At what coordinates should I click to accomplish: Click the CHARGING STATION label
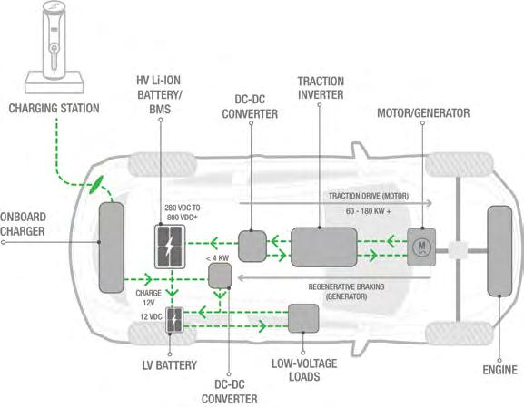pyautogui.click(x=54, y=109)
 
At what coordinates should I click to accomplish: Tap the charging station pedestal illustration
pyautogui.click(x=54, y=47)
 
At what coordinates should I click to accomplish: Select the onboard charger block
pyautogui.click(x=112, y=247)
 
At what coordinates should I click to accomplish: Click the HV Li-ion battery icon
pyautogui.click(x=170, y=247)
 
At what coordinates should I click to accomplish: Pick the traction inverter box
pyautogui.click(x=324, y=247)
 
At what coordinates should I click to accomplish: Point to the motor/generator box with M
pyautogui.click(x=421, y=247)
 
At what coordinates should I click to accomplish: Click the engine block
pyautogui.click(x=499, y=251)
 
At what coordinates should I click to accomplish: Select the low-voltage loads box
pyautogui.click(x=303, y=318)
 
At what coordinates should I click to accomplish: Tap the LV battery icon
pyautogui.click(x=174, y=320)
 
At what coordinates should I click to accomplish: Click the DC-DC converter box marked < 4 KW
pyautogui.click(x=220, y=276)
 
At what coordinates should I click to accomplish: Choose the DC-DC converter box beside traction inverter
pyautogui.click(x=252, y=247)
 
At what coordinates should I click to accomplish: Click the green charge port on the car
pyautogui.click(x=96, y=184)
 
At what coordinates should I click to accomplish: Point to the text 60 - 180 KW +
pyautogui.click(x=369, y=211)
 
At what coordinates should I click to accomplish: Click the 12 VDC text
pyautogui.click(x=151, y=316)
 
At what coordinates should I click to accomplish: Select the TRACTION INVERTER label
pyautogui.click(x=321, y=88)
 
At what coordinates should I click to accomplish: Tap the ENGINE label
pyautogui.click(x=500, y=370)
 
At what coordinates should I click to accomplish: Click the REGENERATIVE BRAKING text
pyautogui.click(x=346, y=287)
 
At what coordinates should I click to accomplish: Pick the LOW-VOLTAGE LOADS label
pyautogui.click(x=304, y=370)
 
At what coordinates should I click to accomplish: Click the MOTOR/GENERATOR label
pyautogui.click(x=423, y=113)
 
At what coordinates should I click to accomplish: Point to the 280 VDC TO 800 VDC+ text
pyautogui.click(x=183, y=212)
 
